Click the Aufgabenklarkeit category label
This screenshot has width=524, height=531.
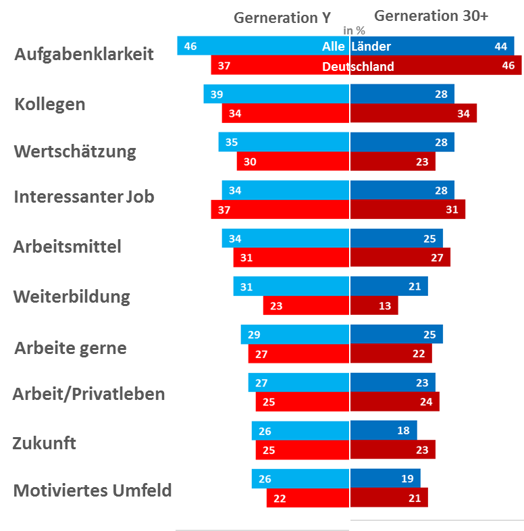point(84,55)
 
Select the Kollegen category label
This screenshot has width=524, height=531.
point(49,105)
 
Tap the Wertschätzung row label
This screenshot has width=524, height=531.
point(75,151)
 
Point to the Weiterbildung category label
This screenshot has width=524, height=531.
point(72,297)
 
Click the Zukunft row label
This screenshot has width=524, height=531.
point(44,444)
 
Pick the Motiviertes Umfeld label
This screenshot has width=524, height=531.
point(93,490)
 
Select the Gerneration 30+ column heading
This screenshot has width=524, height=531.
point(431,16)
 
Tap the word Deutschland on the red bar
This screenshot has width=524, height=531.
point(358,66)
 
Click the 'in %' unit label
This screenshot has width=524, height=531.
point(355,30)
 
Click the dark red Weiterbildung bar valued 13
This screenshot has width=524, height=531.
point(374,305)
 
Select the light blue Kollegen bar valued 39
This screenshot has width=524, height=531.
point(276,95)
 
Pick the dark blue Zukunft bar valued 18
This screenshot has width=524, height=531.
point(383,430)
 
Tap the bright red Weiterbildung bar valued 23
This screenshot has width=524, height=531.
point(306,305)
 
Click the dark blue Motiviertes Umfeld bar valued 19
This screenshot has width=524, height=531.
point(385,478)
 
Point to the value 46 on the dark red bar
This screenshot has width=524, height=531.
point(508,66)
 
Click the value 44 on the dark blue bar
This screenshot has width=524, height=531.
point(500,46)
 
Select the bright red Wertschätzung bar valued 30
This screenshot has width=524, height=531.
point(292,161)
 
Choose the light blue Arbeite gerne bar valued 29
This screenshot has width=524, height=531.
point(295,334)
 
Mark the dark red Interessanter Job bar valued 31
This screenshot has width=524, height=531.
point(407,209)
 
